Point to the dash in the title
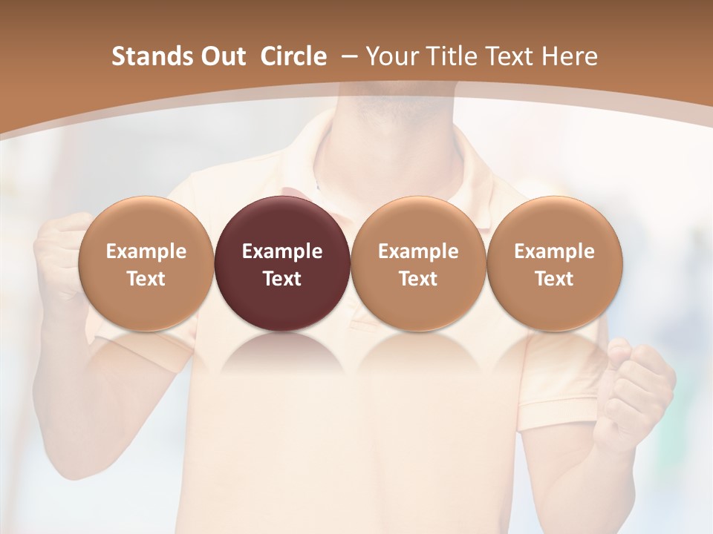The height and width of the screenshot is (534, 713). pyautogui.click(x=348, y=56)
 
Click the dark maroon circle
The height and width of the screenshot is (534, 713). pyautogui.click(x=282, y=263)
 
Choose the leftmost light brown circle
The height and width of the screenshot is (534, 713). pyautogui.click(x=146, y=263)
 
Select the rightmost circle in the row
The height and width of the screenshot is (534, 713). pyautogui.click(x=554, y=263)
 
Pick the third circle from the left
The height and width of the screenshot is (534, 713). pyautogui.click(x=418, y=263)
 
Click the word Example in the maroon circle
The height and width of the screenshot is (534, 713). pyautogui.click(x=282, y=251)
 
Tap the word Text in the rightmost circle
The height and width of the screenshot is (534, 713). pyautogui.click(x=554, y=279)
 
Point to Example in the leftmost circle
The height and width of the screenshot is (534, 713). pyautogui.click(x=146, y=251)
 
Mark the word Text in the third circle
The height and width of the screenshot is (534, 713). pyautogui.click(x=418, y=279)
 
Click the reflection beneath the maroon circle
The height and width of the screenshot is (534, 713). pyautogui.click(x=282, y=352)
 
